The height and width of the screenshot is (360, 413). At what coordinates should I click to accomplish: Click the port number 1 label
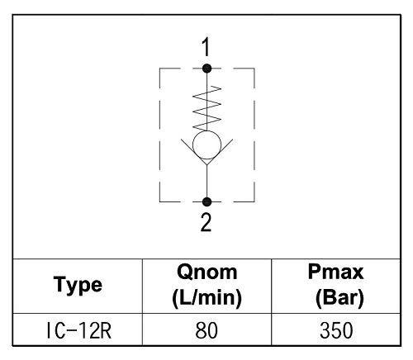tap(206, 47)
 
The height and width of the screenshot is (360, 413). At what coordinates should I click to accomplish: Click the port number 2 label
tap(206, 222)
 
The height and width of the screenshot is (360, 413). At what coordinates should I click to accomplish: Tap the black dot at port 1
tap(206, 69)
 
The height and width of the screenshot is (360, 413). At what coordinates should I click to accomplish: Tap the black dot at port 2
tap(206, 201)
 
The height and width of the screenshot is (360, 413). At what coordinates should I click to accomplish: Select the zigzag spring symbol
tap(206, 108)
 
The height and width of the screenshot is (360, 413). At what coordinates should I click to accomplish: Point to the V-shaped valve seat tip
tap(206, 165)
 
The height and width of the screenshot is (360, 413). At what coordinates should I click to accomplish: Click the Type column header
tap(78, 286)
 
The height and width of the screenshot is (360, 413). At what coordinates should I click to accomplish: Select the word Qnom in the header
tap(206, 272)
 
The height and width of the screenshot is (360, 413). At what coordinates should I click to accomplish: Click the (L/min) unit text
tap(206, 298)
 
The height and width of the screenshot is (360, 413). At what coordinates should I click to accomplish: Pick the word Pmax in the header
tap(335, 272)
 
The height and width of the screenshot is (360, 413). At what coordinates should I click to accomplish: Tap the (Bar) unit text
tap(339, 298)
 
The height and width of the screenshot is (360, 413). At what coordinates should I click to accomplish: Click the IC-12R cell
tap(78, 330)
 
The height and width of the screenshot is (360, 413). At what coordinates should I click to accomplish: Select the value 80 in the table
tap(206, 330)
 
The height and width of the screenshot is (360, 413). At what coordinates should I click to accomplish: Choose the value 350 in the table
tap(336, 330)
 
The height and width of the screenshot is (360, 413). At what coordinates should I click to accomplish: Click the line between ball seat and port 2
tap(206, 182)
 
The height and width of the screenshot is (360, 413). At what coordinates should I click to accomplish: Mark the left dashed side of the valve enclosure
tap(159, 135)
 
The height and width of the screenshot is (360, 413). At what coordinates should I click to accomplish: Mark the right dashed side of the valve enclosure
tap(254, 135)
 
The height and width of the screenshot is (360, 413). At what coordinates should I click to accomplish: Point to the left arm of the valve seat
tap(194, 152)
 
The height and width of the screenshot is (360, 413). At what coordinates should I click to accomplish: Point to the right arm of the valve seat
tap(220, 152)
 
